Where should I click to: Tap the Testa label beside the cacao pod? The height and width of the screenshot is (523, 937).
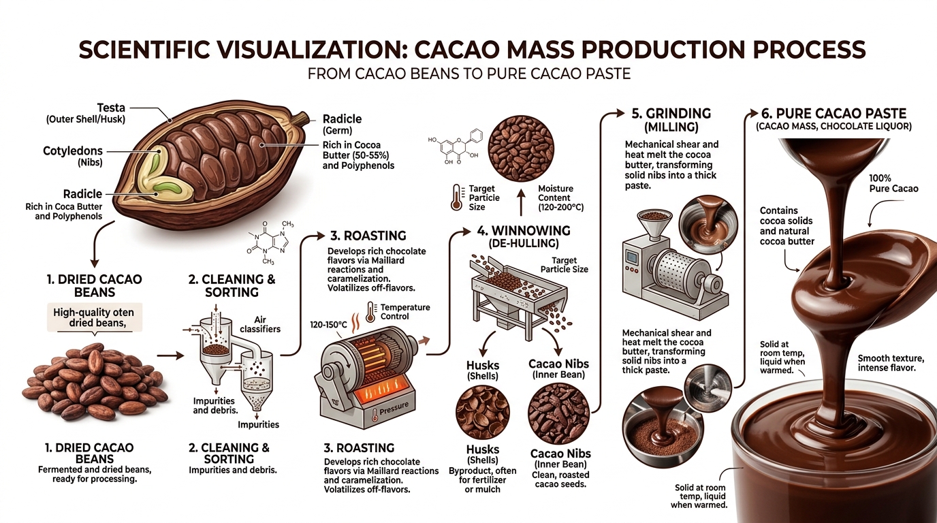point(112,107)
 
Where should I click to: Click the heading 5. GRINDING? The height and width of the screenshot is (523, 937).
point(667,114)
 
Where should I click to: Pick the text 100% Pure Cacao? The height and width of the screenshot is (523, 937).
point(893,183)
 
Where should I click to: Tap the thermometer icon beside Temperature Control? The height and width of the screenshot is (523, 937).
point(370,311)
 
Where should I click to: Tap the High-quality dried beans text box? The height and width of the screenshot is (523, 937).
point(94,318)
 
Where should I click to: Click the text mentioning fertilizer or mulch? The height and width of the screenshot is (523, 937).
point(483,479)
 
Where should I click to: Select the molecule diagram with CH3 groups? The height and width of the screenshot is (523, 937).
point(269,242)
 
